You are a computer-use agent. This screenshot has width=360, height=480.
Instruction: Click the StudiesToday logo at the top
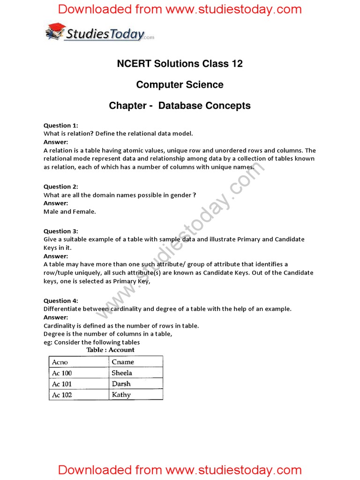[99, 32]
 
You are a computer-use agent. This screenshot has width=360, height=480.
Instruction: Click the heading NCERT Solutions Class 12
[180, 64]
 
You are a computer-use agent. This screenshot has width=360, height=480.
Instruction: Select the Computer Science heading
[180, 85]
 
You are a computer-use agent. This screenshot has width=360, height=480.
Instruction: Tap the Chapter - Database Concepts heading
[180, 106]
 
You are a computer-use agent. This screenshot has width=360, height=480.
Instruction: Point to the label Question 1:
[61, 125]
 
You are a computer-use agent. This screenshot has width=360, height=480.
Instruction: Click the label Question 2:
[61, 187]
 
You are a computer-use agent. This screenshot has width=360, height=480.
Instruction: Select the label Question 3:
[61, 231]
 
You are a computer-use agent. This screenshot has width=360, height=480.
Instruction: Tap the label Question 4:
[61, 300]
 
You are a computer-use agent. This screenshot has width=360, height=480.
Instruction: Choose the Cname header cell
[123, 362]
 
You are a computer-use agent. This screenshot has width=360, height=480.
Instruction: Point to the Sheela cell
[122, 373]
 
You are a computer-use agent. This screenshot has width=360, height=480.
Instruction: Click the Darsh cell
[121, 384]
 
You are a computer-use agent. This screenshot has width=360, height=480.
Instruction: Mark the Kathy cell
[121, 395]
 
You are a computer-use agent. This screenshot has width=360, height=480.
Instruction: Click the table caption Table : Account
[110, 350]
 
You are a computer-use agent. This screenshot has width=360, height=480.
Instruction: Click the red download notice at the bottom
[180, 470]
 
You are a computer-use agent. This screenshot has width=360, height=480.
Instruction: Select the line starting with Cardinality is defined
[121, 326]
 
